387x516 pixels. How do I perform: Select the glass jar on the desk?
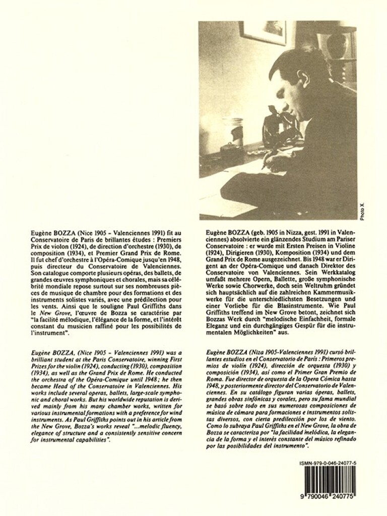(236, 133)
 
